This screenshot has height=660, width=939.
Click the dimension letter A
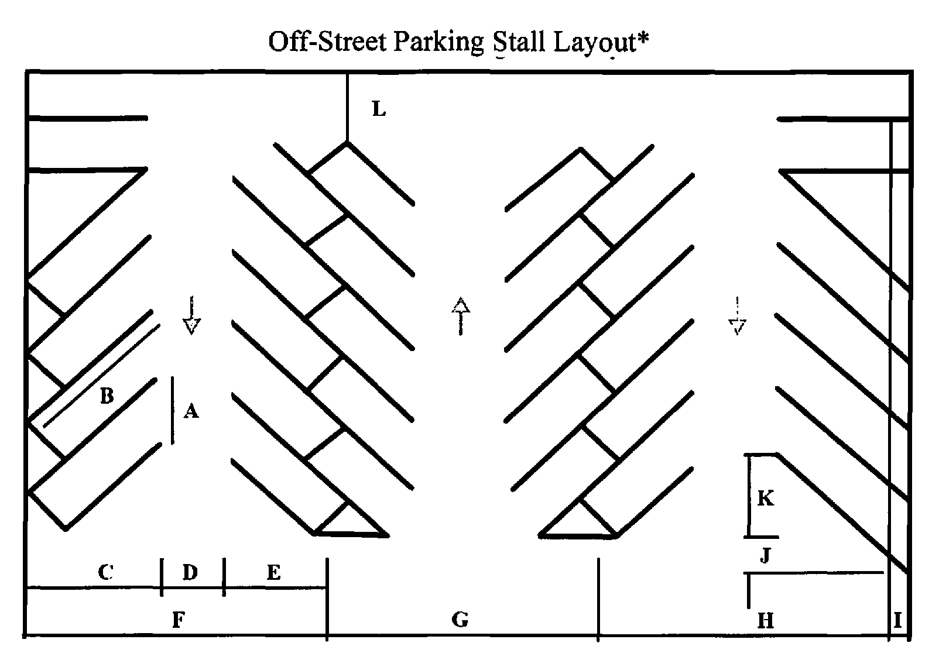point(191,411)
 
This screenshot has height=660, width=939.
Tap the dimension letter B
point(107,396)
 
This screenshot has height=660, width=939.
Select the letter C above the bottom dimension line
point(105,572)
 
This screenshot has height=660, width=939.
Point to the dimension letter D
point(190,572)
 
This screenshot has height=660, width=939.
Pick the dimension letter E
point(273,572)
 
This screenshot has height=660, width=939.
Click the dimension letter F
point(179,620)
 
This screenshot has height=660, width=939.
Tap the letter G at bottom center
point(461,619)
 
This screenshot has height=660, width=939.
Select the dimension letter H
point(766,620)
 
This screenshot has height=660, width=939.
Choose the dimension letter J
point(766,555)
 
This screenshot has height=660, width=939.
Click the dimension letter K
point(766,499)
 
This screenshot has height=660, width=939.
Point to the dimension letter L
point(379,109)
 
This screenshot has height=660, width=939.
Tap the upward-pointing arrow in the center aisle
point(461,315)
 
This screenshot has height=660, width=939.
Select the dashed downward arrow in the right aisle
point(737,315)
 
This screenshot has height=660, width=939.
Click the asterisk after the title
point(643,39)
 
